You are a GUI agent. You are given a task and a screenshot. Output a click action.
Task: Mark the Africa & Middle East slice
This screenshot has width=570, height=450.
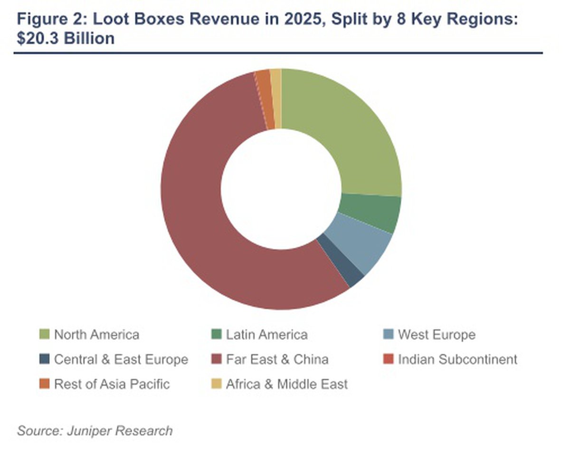click(276, 98)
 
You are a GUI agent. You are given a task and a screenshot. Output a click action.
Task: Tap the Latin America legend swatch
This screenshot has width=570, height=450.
click(216, 335)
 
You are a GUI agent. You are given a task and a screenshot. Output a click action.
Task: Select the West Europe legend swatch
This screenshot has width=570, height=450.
click(389, 335)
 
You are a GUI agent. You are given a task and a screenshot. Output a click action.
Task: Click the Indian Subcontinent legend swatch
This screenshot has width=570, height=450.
click(389, 359)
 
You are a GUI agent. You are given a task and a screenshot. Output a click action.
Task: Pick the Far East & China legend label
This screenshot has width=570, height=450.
click(277, 359)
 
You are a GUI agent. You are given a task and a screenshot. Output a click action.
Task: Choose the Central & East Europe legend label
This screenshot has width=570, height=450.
click(121, 359)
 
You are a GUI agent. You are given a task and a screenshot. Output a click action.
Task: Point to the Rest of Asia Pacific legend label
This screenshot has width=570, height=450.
click(112, 384)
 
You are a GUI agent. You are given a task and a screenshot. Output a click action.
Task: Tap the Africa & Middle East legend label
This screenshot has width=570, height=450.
click(287, 384)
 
